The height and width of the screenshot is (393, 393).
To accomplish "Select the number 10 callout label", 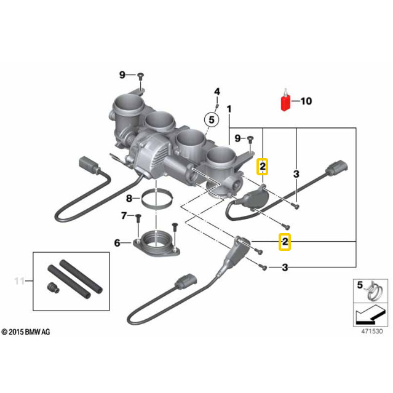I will click(306, 101).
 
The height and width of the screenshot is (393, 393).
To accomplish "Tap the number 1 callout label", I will click(230, 109).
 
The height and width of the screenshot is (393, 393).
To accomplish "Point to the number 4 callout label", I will click(216, 92).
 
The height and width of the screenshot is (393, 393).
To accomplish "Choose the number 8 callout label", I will click(129, 198).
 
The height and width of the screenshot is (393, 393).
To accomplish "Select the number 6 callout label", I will click(117, 243).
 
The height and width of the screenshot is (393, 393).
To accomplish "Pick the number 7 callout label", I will click(124, 215).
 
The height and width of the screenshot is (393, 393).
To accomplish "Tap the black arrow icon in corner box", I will click(368, 316).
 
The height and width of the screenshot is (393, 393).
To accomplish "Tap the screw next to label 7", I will click(138, 217).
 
